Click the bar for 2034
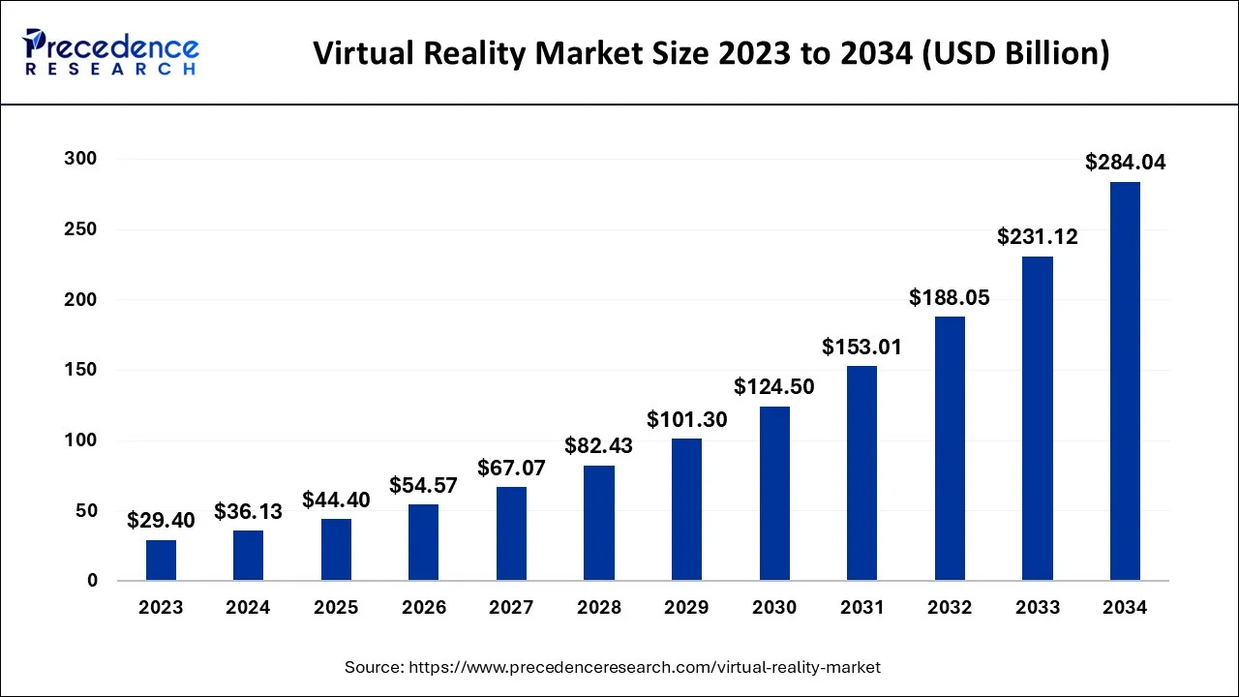point(1125,381)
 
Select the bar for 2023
point(162,561)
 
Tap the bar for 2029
point(686,510)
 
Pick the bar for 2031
point(861,473)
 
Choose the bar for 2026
point(424,542)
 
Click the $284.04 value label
point(1125,163)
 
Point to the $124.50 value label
point(774,387)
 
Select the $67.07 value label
point(511,469)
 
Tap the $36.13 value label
point(249,511)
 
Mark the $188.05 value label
point(950,298)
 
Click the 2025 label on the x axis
point(336,608)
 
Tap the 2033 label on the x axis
point(1037,608)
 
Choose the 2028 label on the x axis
point(599,608)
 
